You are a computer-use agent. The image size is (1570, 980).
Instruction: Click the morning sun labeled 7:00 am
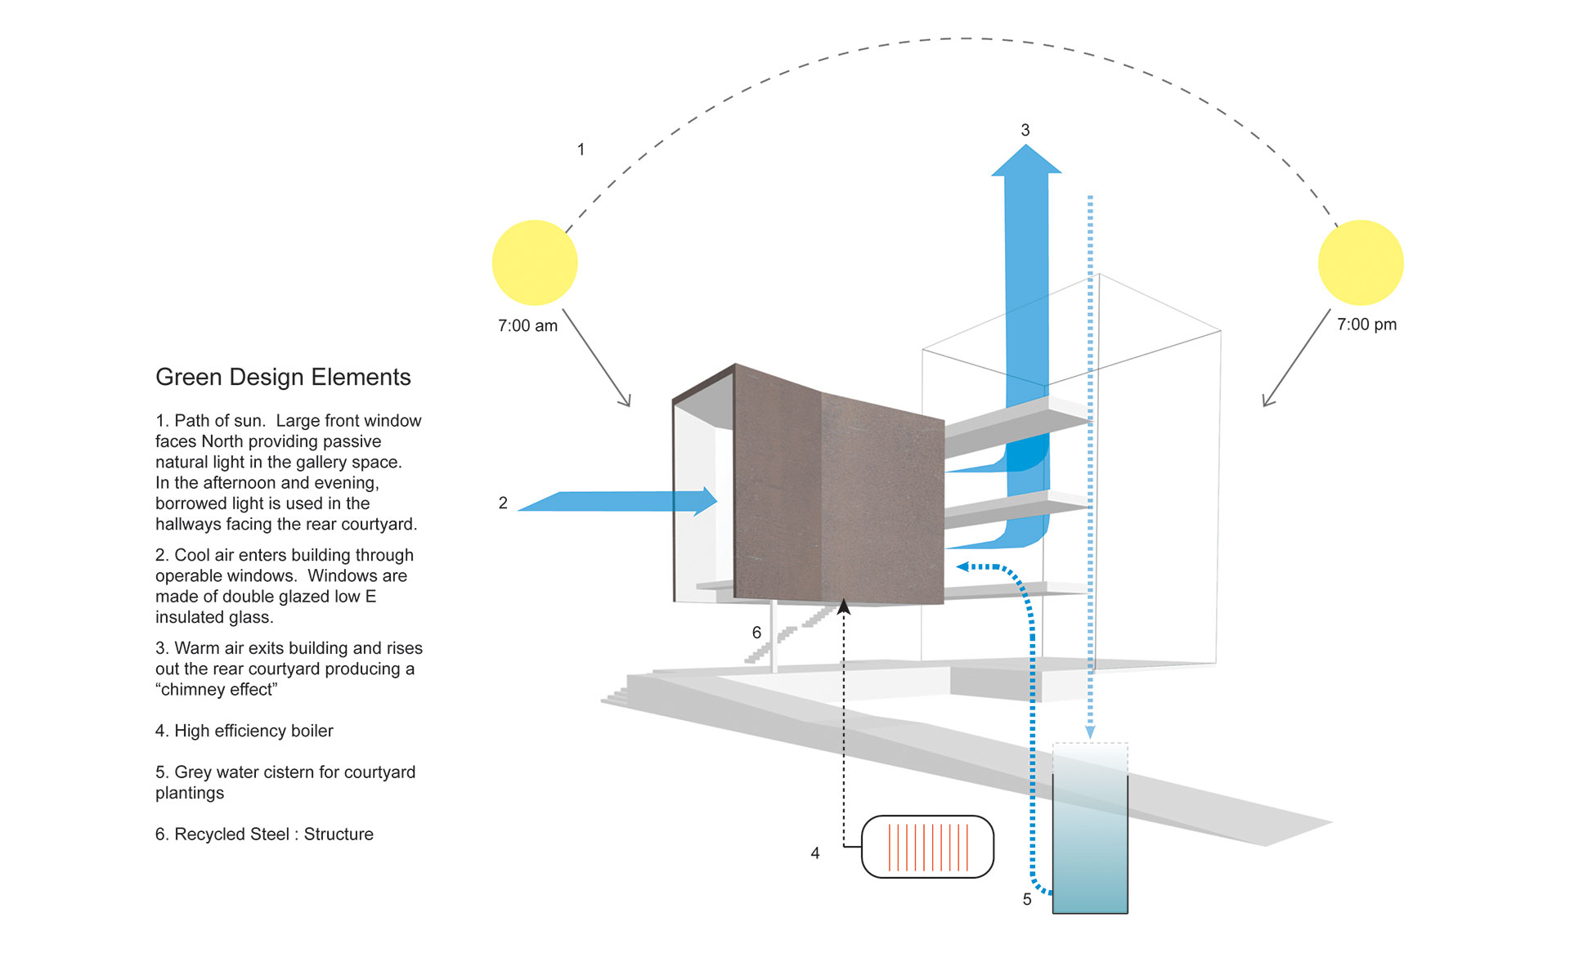coord(535,262)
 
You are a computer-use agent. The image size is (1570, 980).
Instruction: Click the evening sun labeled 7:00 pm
coord(1361,262)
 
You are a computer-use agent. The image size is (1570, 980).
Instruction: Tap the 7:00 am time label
coord(527,325)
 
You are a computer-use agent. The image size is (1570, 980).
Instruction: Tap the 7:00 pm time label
coord(1366,324)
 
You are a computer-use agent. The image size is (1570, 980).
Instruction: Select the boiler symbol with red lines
coord(927,847)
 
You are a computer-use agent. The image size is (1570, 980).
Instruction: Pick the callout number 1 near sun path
coord(581,150)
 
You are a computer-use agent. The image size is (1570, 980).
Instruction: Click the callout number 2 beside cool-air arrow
coord(503,503)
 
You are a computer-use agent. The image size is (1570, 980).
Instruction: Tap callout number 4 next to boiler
coord(814,852)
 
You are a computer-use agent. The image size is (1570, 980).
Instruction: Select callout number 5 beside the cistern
coord(1026,899)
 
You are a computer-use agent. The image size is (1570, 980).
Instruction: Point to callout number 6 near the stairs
coord(756,632)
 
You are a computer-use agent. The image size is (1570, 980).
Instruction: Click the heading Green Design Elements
coord(283,377)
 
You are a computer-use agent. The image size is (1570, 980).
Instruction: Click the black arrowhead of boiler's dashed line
coord(844,607)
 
